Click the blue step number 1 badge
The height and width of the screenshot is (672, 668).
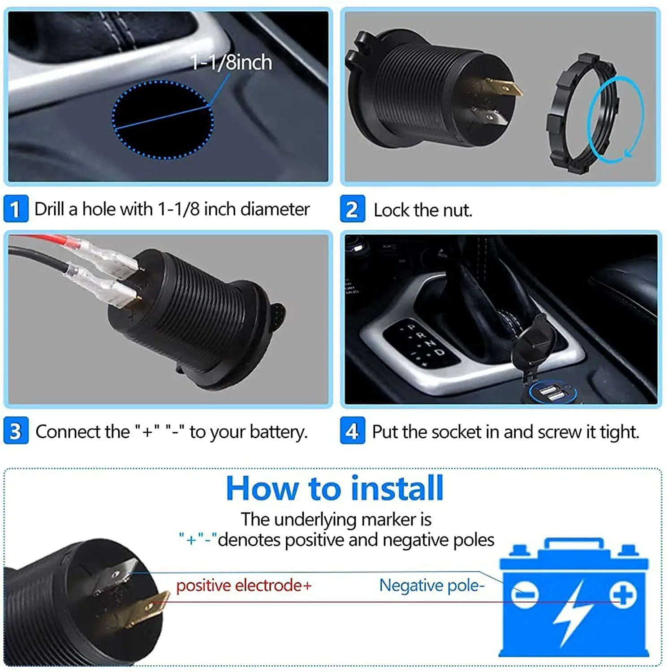16,209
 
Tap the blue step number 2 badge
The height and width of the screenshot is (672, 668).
352,209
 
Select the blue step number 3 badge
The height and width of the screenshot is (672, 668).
16,431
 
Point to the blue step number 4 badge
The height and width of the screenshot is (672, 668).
352,431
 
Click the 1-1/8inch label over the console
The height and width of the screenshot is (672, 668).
231,62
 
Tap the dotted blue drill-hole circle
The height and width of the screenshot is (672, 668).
163,120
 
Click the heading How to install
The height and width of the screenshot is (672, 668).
335,488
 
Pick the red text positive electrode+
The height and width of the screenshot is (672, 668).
243,586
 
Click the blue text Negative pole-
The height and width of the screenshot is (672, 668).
431,586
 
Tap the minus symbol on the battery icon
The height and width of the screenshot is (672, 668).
524,594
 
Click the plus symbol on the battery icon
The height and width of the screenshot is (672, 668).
622,594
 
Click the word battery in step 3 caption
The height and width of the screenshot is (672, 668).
278,432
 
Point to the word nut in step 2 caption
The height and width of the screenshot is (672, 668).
457,210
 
